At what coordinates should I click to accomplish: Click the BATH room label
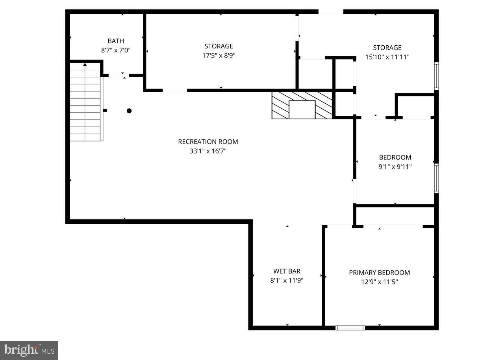pos(115,41)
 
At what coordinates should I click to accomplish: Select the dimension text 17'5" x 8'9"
pos(219,56)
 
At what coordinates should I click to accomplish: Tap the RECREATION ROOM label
pos(208,142)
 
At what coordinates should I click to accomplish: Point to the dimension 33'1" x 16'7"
pos(208,151)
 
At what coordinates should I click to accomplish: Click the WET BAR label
pos(287,271)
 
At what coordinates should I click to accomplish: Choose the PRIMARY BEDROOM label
pos(379,273)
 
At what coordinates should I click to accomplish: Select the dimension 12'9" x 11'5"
pos(379,282)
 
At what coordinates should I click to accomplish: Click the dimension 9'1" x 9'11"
pos(395,167)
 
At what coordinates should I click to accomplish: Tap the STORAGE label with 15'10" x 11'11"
pos(387,48)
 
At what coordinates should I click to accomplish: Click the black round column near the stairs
pos(129,111)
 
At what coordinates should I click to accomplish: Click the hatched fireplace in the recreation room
pos(302,105)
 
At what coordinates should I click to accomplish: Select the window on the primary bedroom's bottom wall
pos(350,328)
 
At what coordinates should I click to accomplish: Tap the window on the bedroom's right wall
pos(436,178)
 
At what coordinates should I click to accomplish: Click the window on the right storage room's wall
pos(436,76)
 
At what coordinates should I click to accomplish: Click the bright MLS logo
pos(29,350)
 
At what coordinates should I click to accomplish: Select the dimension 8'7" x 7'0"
pos(115,50)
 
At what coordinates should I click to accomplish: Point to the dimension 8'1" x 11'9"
pos(287,281)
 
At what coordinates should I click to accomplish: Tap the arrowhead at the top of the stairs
pos(85,64)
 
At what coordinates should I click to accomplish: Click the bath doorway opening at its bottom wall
pos(119,75)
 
